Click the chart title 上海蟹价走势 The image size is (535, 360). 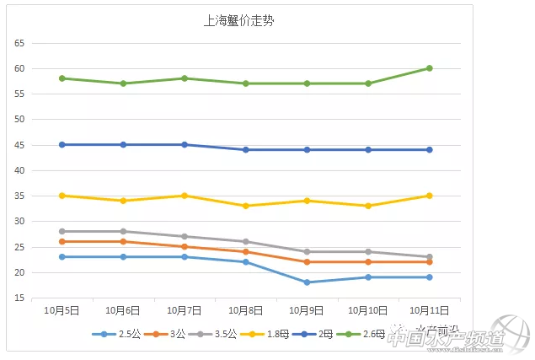(x=238, y=21)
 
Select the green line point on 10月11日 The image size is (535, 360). (x=429, y=68)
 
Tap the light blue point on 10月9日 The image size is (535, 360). (x=307, y=282)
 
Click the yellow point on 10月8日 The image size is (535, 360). (x=246, y=206)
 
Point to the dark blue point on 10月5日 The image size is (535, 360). (x=62, y=144)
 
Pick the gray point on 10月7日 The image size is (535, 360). (x=185, y=237)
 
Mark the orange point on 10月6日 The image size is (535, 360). (x=123, y=242)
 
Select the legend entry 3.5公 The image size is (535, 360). (x=222, y=335)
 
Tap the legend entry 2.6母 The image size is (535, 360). (x=369, y=335)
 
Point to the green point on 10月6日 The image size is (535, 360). (x=123, y=83)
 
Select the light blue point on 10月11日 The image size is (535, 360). (x=429, y=277)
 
